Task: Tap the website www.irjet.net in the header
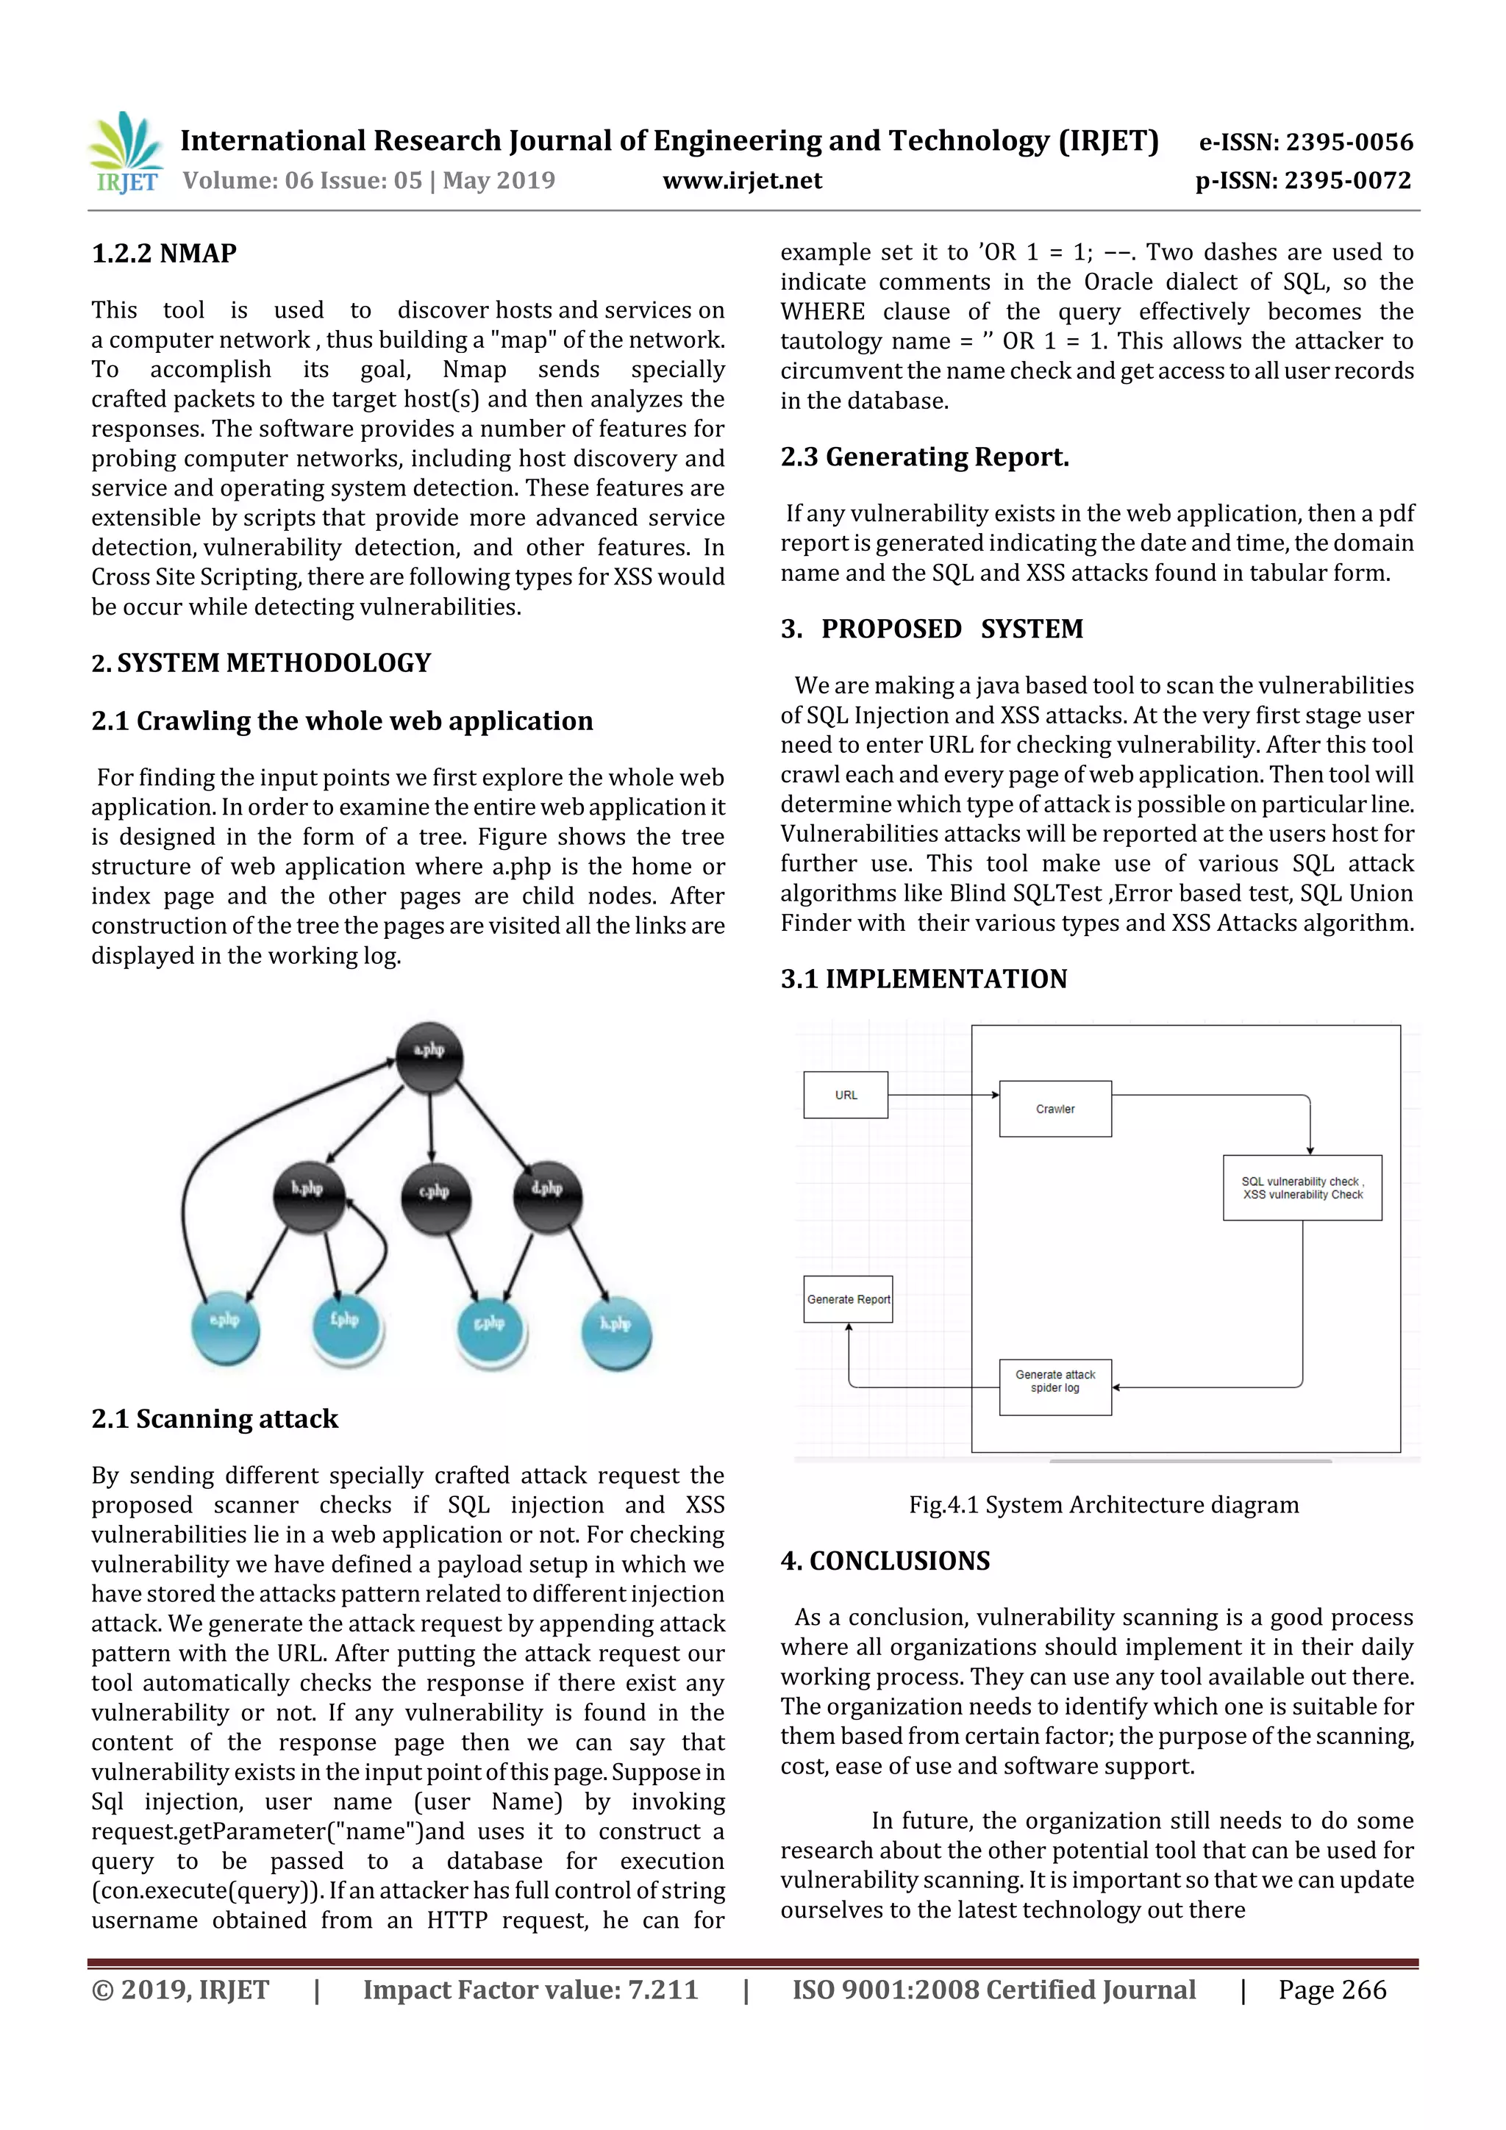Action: pyautogui.click(x=741, y=181)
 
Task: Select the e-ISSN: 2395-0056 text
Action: pyautogui.click(x=1305, y=142)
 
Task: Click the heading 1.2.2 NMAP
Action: pyautogui.click(x=164, y=253)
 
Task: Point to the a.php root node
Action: pyautogui.click(x=429, y=1057)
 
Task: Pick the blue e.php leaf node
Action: pyautogui.click(x=226, y=1328)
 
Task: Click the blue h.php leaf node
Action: pyautogui.click(x=616, y=1332)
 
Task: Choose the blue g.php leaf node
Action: pyautogui.click(x=491, y=1329)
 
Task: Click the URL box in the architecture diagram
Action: pyautogui.click(x=846, y=1095)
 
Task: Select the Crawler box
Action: pyautogui.click(x=1055, y=1109)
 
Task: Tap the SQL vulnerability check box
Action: pyautogui.click(x=1302, y=1187)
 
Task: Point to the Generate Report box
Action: pyautogui.click(x=848, y=1298)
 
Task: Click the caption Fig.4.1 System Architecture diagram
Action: pyautogui.click(x=1103, y=1505)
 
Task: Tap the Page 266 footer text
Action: pyautogui.click(x=1332, y=1989)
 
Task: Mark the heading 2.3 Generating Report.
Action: pyautogui.click(x=924, y=457)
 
